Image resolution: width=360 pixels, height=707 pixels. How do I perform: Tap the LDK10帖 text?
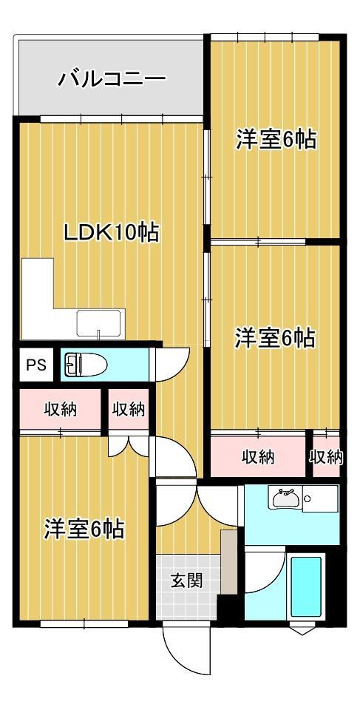(x=111, y=233)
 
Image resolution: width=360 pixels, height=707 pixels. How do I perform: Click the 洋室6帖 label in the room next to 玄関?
(x=83, y=530)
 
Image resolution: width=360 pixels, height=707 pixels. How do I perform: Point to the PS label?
(x=36, y=365)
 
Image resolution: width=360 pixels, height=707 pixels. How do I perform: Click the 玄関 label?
(x=187, y=581)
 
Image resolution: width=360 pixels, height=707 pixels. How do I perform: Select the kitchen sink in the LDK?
(x=98, y=324)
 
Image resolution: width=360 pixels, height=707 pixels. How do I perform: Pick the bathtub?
(x=306, y=588)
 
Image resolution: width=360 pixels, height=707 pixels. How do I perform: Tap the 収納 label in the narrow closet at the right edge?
(x=326, y=457)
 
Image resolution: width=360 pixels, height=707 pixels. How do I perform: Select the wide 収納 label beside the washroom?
(x=258, y=457)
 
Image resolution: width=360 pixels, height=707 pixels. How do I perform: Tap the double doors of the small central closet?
(x=129, y=446)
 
